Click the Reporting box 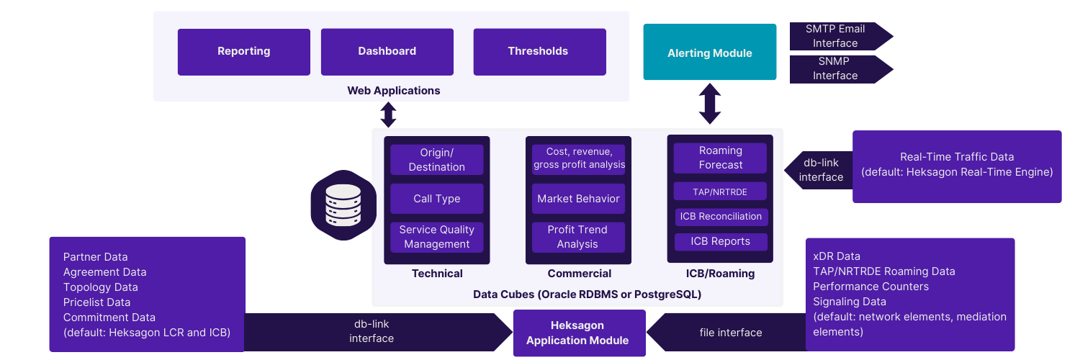click(244, 51)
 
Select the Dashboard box click(387, 51)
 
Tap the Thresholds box click(539, 51)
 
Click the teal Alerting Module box click(710, 53)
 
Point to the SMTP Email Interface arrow click(839, 36)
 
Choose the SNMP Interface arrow click(839, 69)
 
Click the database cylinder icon click(343, 205)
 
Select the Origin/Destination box click(437, 160)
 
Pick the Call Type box click(437, 199)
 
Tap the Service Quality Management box click(437, 237)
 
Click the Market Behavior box click(579, 199)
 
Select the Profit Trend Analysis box click(578, 237)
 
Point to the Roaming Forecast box click(721, 158)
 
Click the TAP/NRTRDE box click(721, 192)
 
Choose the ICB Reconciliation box click(721, 217)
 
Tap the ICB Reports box click(721, 242)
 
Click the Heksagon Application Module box click(578, 333)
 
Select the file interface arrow click(727, 333)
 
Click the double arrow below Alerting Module click(710, 104)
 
